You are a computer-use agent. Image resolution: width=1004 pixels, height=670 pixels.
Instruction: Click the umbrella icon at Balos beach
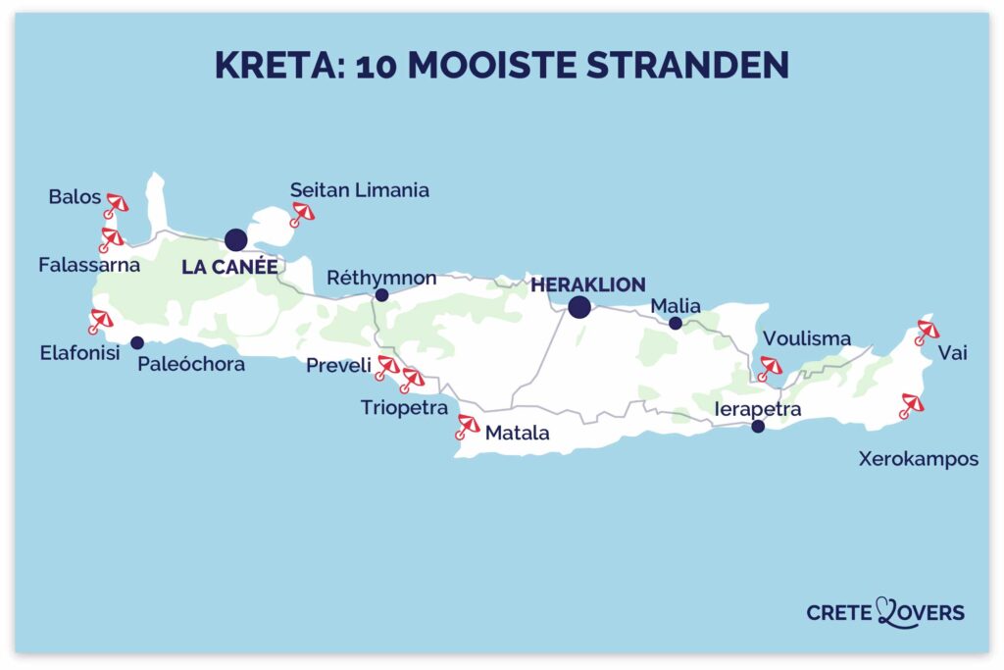coord(116,205)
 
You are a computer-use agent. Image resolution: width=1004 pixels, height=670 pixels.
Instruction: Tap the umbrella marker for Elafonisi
coord(100,321)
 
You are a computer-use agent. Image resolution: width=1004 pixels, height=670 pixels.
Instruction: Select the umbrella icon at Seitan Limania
coord(302,214)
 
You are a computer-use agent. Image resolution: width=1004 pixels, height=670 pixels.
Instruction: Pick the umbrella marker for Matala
coord(467,426)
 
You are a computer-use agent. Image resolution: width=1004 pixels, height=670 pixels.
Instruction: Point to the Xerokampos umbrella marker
coord(912,404)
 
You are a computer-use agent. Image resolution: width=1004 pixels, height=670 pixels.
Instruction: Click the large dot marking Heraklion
coord(578,307)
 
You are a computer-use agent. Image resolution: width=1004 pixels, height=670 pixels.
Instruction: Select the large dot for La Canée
coord(235,238)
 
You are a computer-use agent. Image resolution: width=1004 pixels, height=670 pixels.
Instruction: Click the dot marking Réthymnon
coord(381,295)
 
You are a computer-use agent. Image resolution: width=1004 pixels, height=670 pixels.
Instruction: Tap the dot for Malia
coord(675,323)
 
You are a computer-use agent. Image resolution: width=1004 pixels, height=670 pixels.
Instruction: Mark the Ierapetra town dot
coord(757,426)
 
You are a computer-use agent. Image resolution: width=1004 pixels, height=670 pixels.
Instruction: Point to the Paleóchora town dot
coord(137,342)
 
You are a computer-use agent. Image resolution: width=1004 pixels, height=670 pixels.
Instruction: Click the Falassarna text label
coord(89,265)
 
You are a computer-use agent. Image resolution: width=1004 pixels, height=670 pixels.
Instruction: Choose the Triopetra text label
coord(403,407)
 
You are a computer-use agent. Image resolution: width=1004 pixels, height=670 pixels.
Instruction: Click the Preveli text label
coord(338,365)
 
